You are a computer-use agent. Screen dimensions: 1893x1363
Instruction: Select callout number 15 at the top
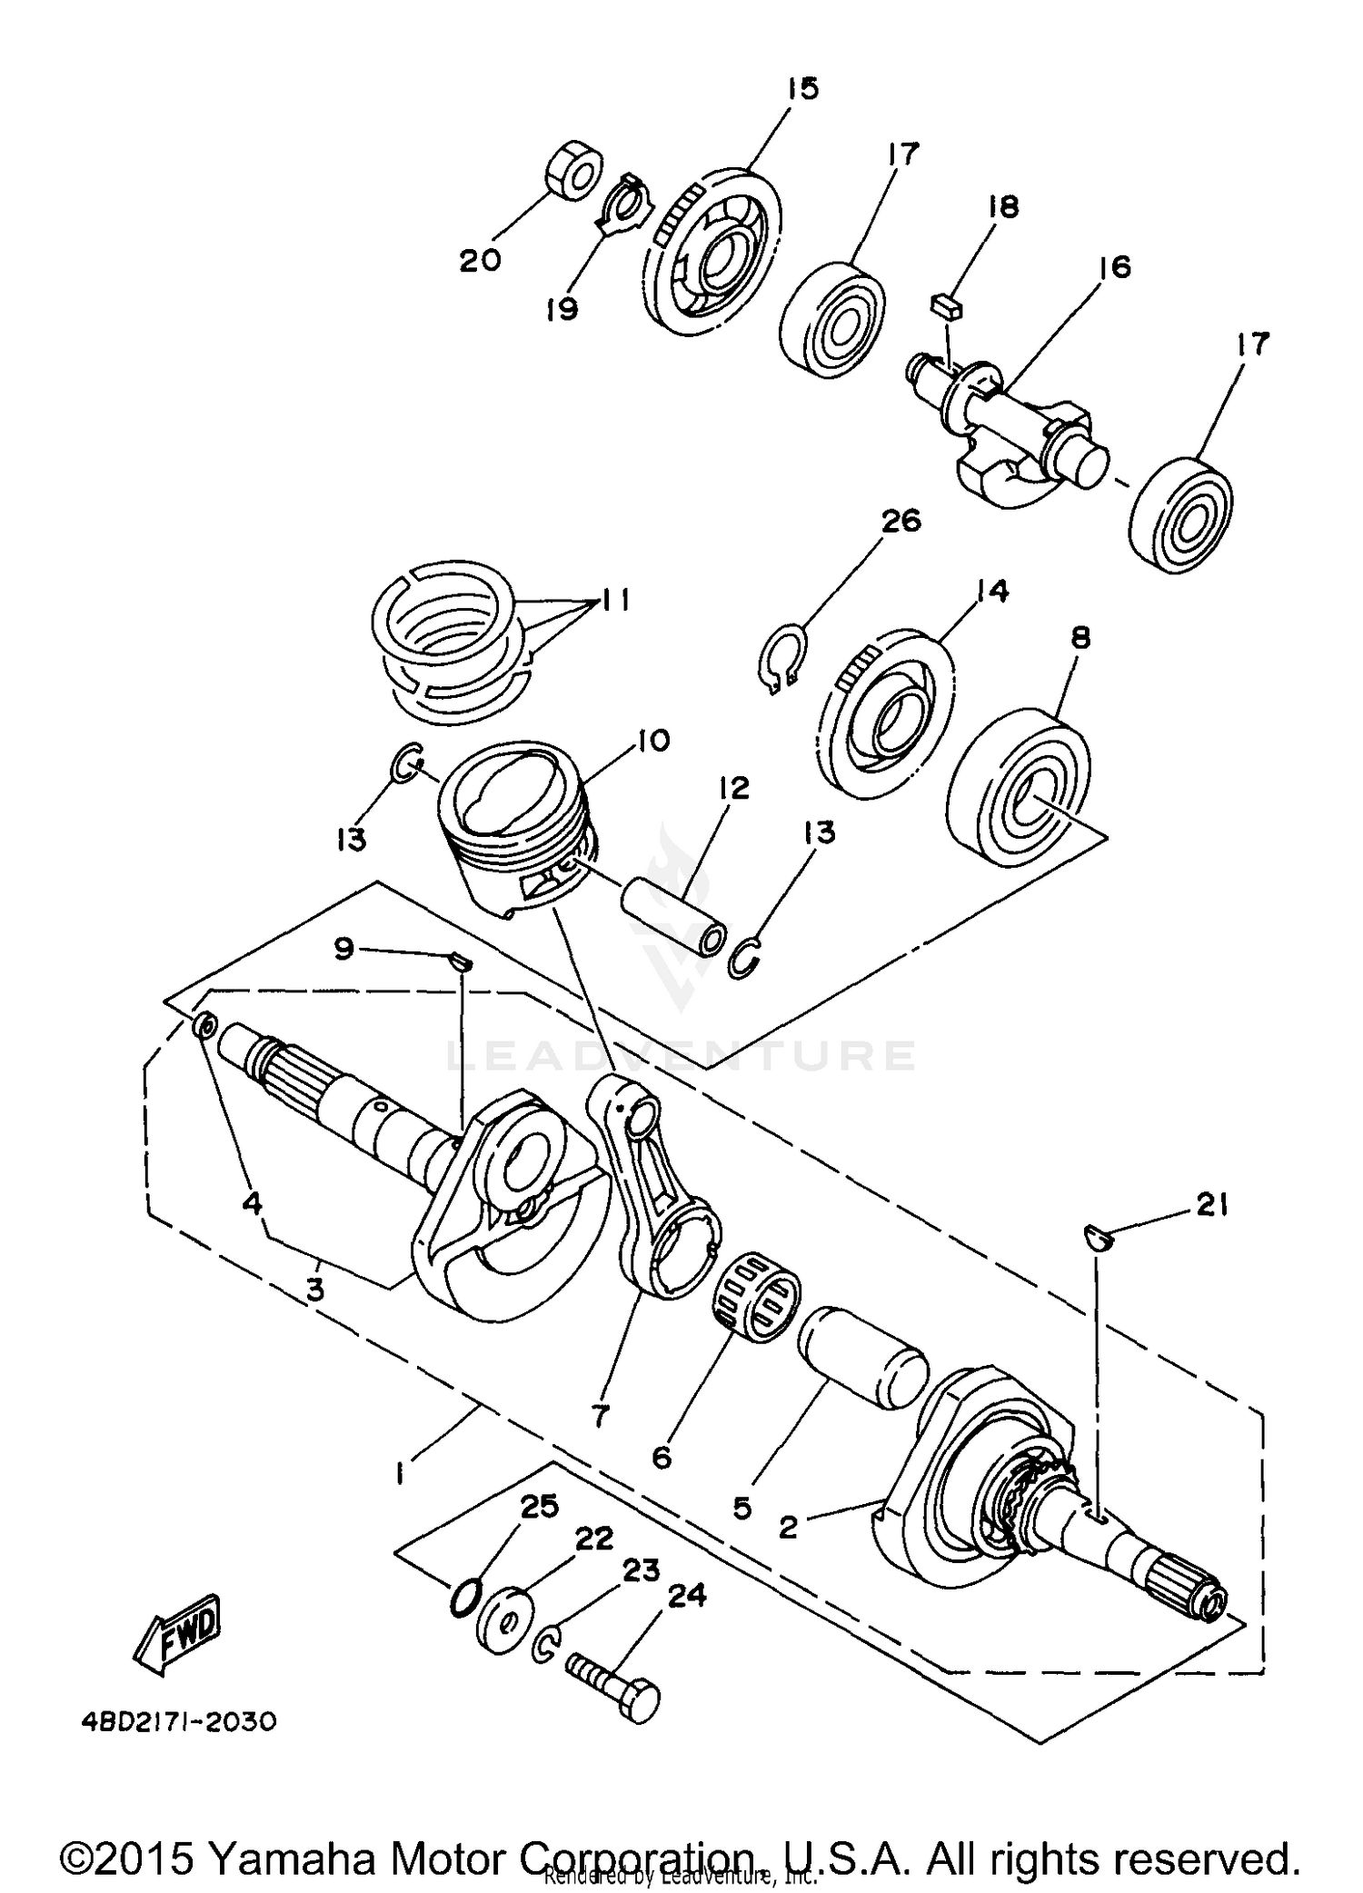click(x=802, y=89)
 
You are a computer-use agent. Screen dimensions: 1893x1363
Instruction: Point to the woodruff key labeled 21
click(x=1098, y=1237)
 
